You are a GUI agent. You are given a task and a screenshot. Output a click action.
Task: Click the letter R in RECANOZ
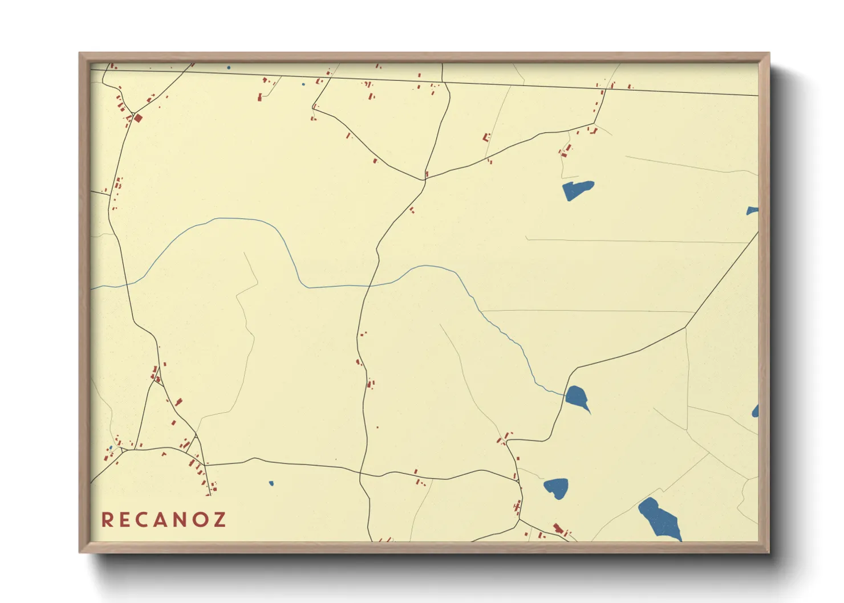[x=107, y=520]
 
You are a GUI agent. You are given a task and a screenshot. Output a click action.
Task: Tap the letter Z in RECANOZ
[x=220, y=520]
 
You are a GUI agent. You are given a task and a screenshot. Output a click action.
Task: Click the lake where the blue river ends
[x=577, y=397]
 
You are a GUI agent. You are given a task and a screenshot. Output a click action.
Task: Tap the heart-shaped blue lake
[x=556, y=487]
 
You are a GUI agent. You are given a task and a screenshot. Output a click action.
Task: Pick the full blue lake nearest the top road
[x=577, y=189]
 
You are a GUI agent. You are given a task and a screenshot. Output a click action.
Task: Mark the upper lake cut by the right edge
[x=753, y=211]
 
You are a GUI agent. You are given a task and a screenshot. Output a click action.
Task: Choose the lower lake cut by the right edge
[x=756, y=411]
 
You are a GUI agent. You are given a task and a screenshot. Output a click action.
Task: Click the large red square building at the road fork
[x=138, y=118]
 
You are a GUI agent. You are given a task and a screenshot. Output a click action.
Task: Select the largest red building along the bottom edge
[x=558, y=529]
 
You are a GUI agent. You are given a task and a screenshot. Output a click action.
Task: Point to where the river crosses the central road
[x=370, y=284]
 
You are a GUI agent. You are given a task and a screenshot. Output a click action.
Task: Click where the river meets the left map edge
[x=92, y=289]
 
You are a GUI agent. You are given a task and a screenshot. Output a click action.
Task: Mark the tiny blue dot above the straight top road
[x=229, y=67]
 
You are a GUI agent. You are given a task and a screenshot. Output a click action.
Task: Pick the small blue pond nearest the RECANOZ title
[x=271, y=483]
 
